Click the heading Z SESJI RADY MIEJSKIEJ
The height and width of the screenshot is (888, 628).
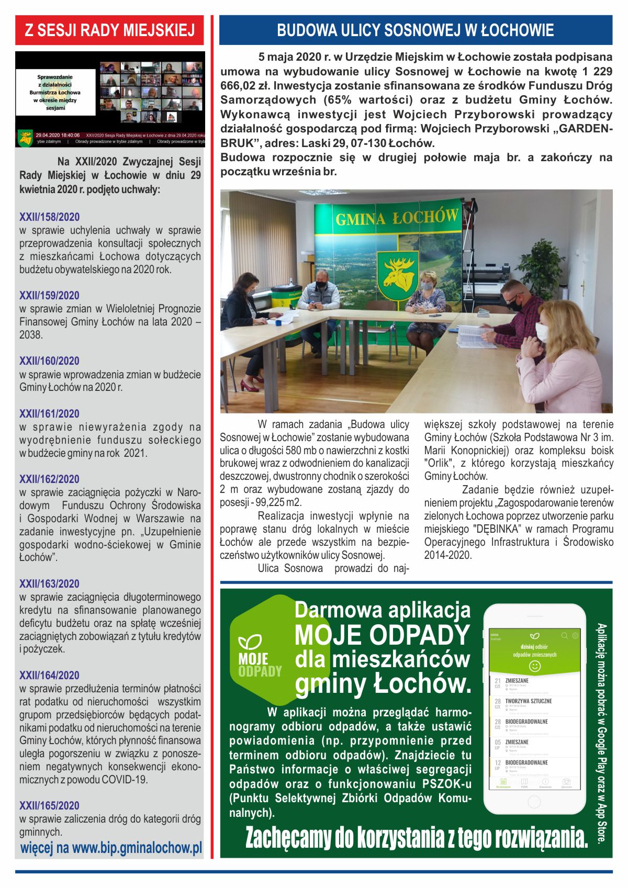tap(109, 30)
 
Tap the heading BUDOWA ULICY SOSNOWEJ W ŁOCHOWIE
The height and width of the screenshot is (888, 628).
tap(415, 30)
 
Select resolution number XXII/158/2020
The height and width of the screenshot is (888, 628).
tap(49, 217)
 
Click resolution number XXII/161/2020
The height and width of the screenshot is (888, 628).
tap(49, 414)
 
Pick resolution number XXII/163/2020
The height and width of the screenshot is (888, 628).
tap(49, 584)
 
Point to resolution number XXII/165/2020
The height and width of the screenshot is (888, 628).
tap(49, 806)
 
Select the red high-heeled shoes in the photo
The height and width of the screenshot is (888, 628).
tap(250, 386)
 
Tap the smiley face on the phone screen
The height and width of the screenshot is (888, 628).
tap(534, 666)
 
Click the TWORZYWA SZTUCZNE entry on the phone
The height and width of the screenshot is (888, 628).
tap(528, 701)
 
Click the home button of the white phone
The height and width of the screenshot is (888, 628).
tap(534, 802)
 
